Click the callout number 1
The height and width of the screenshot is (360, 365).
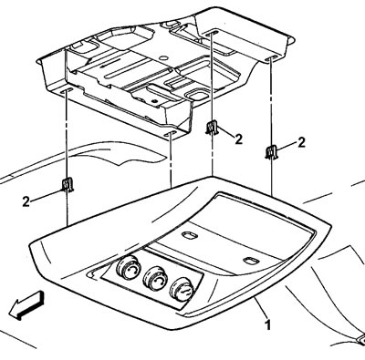click(267, 324)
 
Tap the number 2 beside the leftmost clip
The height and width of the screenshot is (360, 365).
click(26, 201)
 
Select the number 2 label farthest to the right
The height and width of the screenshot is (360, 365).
click(301, 142)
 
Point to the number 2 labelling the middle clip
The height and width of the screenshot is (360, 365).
click(239, 139)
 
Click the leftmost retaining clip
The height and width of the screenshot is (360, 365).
click(68, 184)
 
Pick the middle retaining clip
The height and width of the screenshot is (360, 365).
click(212, 128)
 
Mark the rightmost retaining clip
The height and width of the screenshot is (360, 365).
click(270, 152)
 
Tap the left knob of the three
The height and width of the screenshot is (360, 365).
click(128, 267)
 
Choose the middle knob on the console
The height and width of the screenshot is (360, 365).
click(154, 278)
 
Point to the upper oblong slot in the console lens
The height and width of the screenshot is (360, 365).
click(189, 235)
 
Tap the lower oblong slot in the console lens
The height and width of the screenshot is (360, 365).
click(251, 261)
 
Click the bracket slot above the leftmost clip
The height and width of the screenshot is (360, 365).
click(67, 90)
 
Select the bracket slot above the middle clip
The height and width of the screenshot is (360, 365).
click(212, 33)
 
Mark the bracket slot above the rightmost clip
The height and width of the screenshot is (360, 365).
click(271, 58)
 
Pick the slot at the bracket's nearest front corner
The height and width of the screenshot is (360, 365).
click(170, 133)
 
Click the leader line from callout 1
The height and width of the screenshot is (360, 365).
click(261, 307)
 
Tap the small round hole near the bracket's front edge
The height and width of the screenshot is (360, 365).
click(155, 100)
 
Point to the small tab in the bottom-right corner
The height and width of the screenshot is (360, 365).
click(361, 339)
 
